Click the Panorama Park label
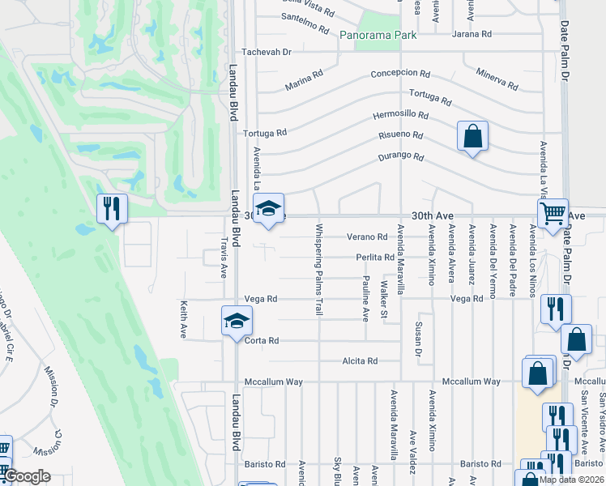pos(378,35)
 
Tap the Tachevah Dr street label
pos(264,52)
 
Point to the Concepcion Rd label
pos(399,73)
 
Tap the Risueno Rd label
pos(401,135)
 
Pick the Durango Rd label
pos(401,156)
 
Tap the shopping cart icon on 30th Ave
pos(553,214)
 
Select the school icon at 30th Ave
pos(268,208)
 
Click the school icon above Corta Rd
pos(237,321)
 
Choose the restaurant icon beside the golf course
pos(112,208)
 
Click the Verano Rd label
pos(367,237)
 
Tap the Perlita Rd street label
pos(374,258)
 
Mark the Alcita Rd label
pos(360,361)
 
